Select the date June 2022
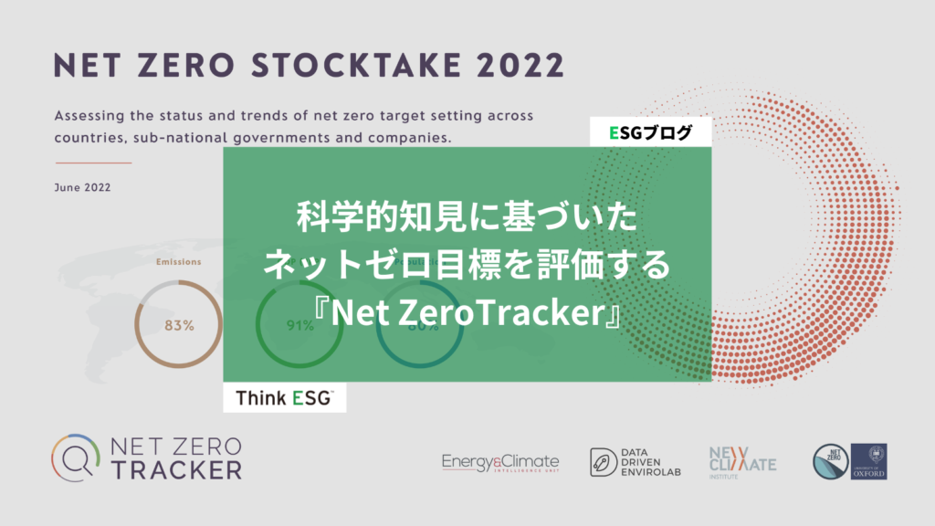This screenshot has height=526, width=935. pyautogui.click(x=83, y=188)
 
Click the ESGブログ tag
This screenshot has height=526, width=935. pyautogui.click(x=650, y=132)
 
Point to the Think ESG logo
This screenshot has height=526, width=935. pyautogui.click(x=285, y=398)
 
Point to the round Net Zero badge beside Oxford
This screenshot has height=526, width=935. pyautogui.click(x=830, y=462)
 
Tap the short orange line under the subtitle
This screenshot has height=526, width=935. pyautogui.click(x=93, y=163)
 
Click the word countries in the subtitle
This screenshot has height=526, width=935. pyautogui.click(x=92, y=140)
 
